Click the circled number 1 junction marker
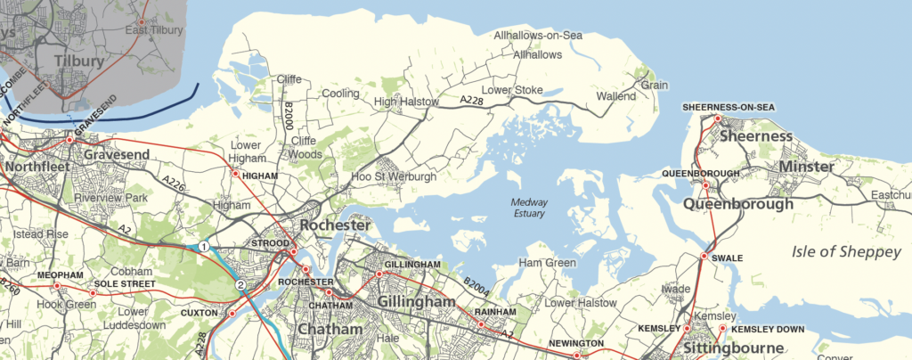pyautogui.click(x=204, y=246)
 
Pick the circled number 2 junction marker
pyautogui.click(x=240, y=285)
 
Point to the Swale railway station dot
pyautogui.click(x=704, y=257)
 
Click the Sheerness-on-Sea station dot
pyautogui.click(x=716, y=118)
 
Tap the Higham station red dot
pyautogui.click(x=235, y=175)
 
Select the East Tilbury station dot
pyautogui.click(x=141, y=20)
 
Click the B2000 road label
pyautogui.click(x=289, y=118)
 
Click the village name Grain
pyautogui.click(x=655, y=86)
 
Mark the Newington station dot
pyautogui.click(x=576, y=356)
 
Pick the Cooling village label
pyautogui.click(x=340, y=94)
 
